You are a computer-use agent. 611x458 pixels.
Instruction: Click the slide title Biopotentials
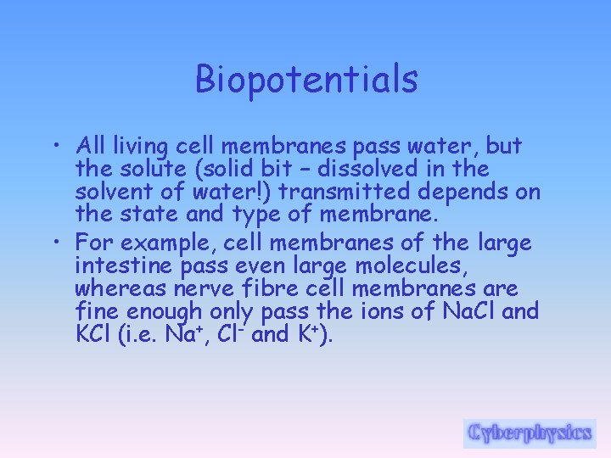[x=306, y=80]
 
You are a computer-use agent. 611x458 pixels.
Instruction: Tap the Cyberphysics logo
[x=530, y=433]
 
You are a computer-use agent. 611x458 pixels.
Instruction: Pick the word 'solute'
[x=172, y=169]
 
